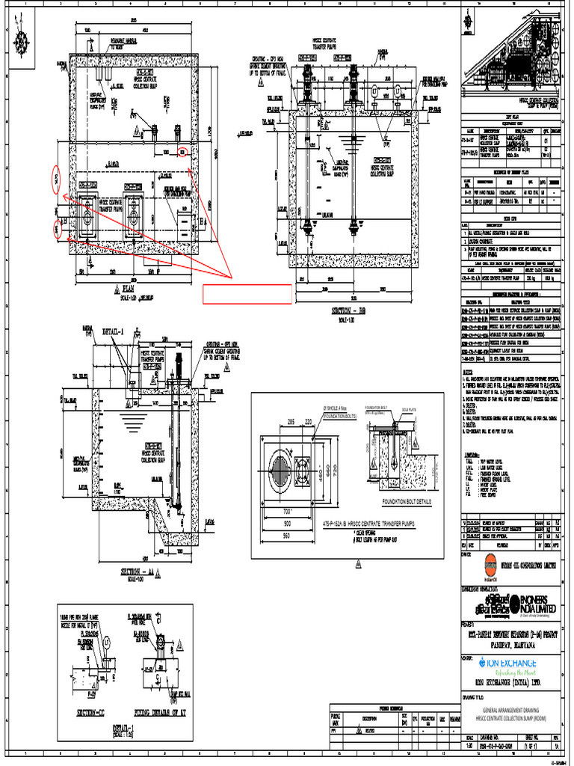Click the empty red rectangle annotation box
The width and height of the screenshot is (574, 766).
coord(247,294)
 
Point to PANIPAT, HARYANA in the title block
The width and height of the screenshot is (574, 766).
coord(509,641)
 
